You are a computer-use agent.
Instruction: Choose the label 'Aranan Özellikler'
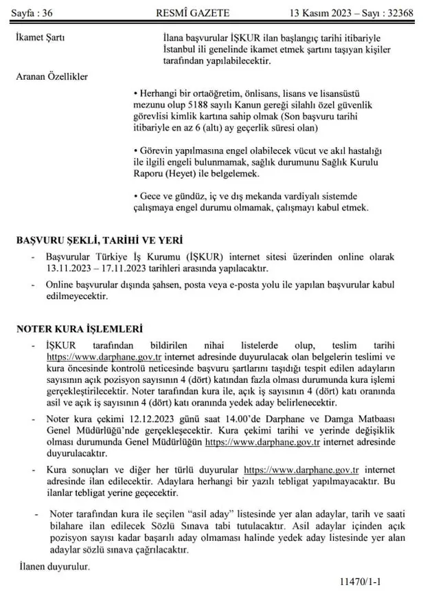coord(52,76)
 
